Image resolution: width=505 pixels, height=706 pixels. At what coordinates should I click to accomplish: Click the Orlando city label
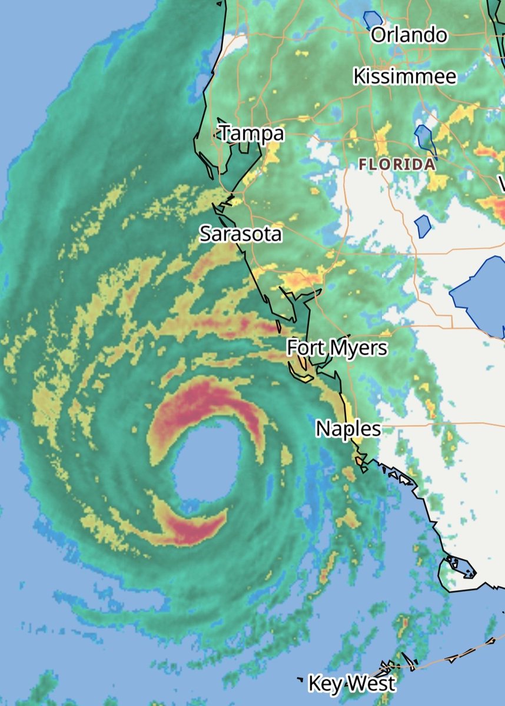click(x=408, y=35)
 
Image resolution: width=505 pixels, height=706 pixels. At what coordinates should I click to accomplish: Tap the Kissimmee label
click(x=404, y=76)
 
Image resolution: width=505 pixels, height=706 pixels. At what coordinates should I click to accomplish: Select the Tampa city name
click(x=251, y=134)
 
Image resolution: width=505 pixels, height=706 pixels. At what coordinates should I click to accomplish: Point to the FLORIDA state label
click(x=397, y=165)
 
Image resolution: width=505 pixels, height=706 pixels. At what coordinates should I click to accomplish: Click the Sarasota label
click(x=240, y=234)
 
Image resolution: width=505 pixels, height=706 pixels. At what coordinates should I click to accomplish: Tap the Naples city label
click(x=348, y=428)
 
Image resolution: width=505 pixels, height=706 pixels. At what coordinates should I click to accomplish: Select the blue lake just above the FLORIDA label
click(x=424, y=137)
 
